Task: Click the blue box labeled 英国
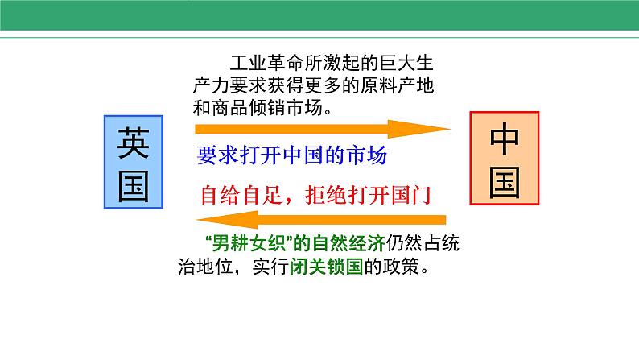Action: pos(134,162)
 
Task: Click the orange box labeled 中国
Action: pos(505,158)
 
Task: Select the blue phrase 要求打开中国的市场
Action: pos(292,155)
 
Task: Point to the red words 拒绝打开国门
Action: pos(368,195)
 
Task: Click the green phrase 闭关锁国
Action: pos(326,267)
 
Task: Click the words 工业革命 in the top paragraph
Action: pos(267,63)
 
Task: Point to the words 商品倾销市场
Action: pos(267,108)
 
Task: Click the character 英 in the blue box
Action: pos(134,143)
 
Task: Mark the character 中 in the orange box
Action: pos(505,139)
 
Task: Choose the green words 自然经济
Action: pos(348,244)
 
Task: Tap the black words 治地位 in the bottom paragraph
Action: pos(205,267)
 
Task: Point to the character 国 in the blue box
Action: pos(134,186)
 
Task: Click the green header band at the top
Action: pos(319,15)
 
